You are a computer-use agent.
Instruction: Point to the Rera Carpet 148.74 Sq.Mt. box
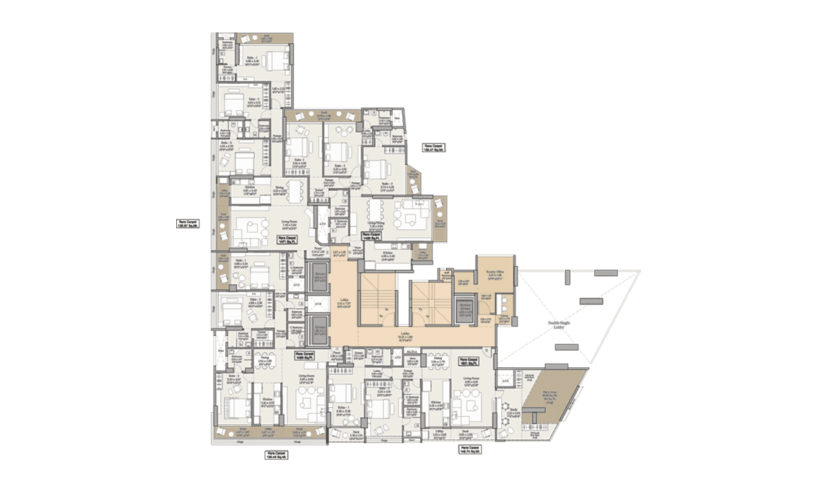(x=469, y=449)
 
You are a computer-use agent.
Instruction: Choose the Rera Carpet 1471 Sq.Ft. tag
(x=287, y=239)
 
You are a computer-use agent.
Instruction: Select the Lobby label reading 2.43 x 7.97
(x=344, y=304)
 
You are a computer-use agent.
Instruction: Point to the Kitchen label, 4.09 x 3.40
(x=389, y=255)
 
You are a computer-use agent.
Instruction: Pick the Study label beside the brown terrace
(x=513, y=413)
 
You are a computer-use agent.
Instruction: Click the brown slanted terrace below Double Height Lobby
(x=552, y=398)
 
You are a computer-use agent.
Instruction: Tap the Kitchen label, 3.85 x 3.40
(x=435, y=406)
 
